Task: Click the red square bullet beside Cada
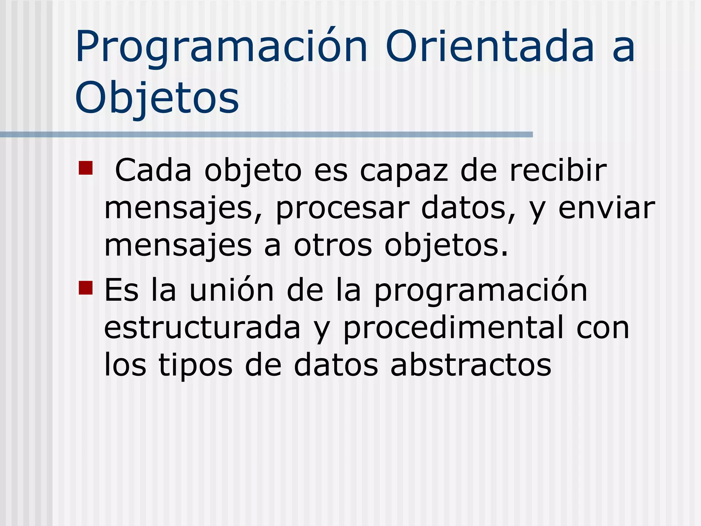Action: (86, 168)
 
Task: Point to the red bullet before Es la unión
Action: (86, 288)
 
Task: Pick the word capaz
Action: (404, 171)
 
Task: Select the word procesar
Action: (342, 209)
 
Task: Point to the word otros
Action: (333, 246)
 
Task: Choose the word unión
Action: (232, 290)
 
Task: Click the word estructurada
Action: (202, 328)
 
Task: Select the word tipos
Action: (195, 366)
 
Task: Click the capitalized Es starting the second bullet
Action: (121, 290)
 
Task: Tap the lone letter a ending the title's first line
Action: (624, 48)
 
